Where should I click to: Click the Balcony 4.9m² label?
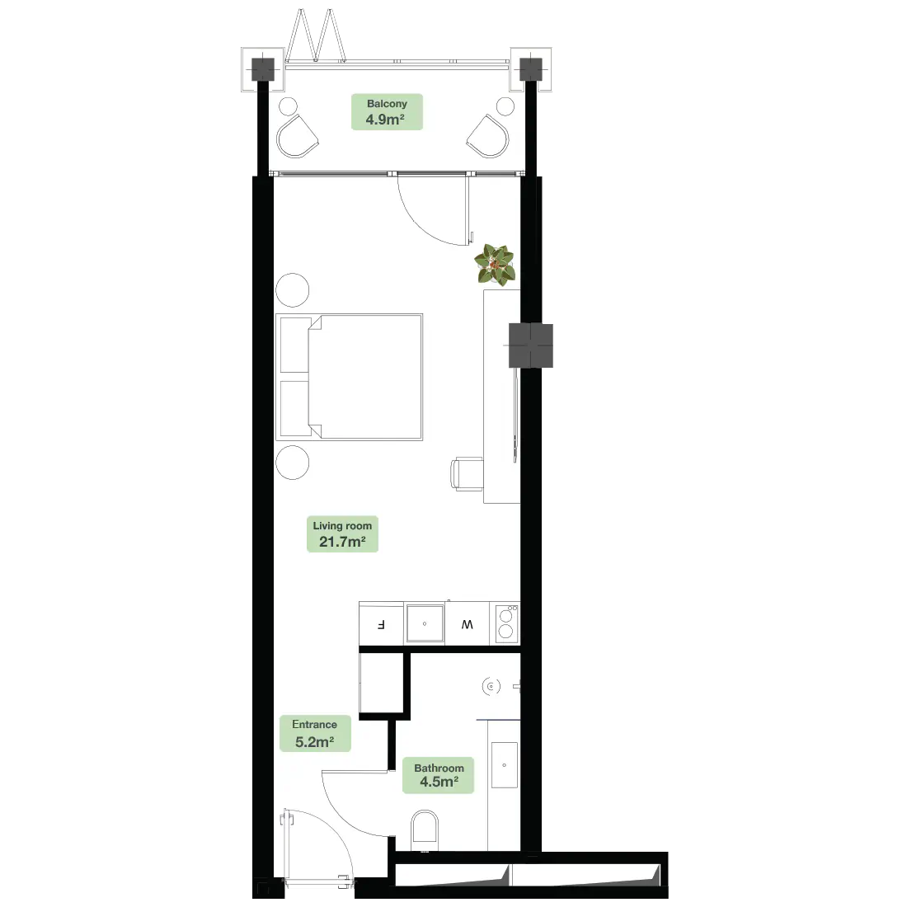pos(387,112)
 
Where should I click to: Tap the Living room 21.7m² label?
pos(342,534)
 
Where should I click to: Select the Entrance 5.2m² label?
pos(314,733)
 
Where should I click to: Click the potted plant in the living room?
pos(495,264)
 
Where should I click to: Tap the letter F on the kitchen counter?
pos(381,624)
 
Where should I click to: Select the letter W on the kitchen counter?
pos(468,624)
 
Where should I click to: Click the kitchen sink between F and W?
pos(425,624)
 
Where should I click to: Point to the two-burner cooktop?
pos(506,623)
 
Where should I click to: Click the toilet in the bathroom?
pos(425,829)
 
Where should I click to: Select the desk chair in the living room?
pos(464,476)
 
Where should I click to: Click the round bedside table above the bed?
pos(292,290)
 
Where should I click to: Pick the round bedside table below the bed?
pos(292,463)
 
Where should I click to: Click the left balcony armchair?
pos(296,135)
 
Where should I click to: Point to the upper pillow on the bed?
pos(294,344)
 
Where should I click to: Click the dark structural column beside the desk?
pos(531,345)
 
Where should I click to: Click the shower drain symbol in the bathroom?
pos(492,685)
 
